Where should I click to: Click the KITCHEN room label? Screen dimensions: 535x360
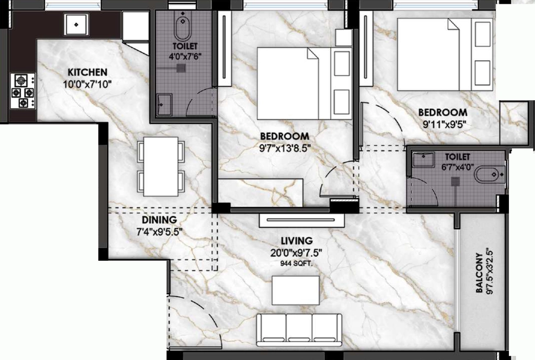click(x=87, y=72)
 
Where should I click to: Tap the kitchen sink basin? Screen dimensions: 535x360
click(x=76, y=24)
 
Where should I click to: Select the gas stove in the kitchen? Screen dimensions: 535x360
click(x=23, y=91)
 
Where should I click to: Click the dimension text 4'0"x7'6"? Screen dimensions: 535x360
click(x=185, y=56)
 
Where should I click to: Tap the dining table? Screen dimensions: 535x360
click(x=161, y=167)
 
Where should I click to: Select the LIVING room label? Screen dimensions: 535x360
click(x=297, y=240)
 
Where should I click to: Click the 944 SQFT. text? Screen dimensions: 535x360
click(x=296, y=263)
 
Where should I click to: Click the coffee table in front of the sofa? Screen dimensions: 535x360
click(x=296, y=291)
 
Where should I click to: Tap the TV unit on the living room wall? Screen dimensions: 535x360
click(x=301, y=220)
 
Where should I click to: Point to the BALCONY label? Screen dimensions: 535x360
click(x=480, y=273)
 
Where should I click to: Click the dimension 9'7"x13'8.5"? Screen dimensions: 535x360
click(x=285, y=148)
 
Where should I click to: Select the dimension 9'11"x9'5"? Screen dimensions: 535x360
click(x=444, y=124)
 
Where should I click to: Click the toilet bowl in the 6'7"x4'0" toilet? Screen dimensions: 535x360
click(x=490, y=175)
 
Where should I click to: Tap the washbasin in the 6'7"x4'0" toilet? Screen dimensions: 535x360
click(x=423, y=159)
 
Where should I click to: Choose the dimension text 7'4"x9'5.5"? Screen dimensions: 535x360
click(x=159, y=232)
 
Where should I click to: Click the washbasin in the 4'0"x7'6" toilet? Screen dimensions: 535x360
click(x=164, y=104)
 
